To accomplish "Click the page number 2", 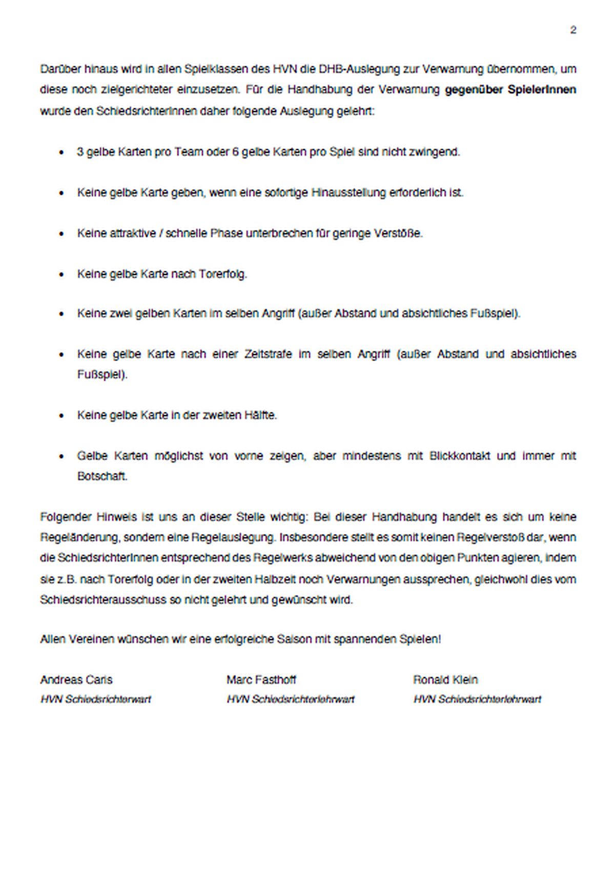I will point(573,30).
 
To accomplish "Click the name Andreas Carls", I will point(76,680).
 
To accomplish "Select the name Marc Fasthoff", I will point(261,680).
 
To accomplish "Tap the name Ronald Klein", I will point(445,680).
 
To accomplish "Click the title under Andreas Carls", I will point(96,699).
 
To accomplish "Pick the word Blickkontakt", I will point(460,455).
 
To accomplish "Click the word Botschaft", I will point(102,476).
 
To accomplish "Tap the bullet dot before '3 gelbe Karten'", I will point(62,153).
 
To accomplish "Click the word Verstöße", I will point(397,233).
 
